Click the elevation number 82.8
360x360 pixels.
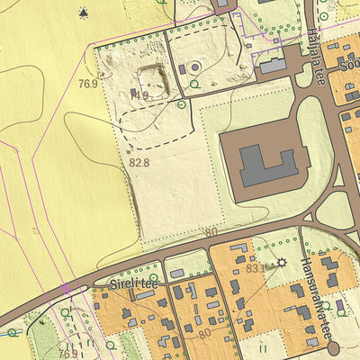pos(139,163)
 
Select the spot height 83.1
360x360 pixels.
pos(255,266)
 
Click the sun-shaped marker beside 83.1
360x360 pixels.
pos(281,263)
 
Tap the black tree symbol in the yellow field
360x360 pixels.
pos(84,13)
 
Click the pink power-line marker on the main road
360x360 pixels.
pos(65,289)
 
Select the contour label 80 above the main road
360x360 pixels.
pos(211,232)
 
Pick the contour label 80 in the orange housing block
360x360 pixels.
pos(204,333)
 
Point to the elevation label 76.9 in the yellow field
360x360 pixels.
pos(87,84)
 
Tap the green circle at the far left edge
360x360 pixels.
pos(12,332)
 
